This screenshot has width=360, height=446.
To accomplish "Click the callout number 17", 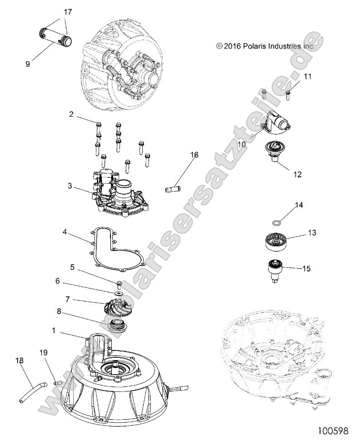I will [x=67, y=13].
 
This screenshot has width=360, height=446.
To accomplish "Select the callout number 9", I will [x=28, y=64].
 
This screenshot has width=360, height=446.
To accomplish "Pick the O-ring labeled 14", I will [x=276, y=223].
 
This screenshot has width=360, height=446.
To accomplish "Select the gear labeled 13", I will [x=276, y=240].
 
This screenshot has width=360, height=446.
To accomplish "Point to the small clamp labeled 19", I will [x=56, y=383].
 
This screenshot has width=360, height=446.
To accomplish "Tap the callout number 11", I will [x=308, y=77].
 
